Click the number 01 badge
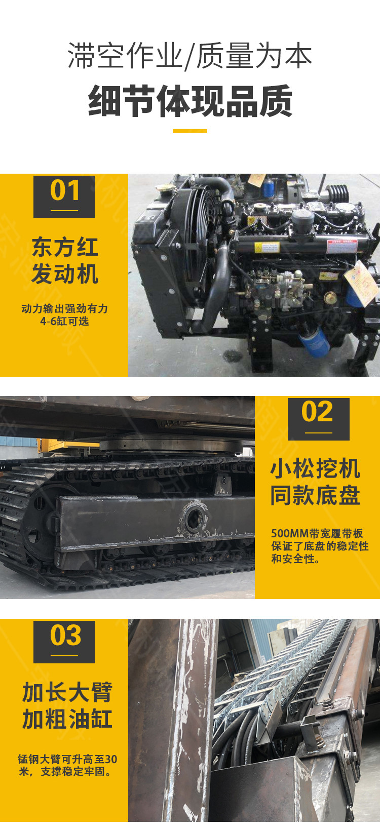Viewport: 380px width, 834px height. coord(64,196)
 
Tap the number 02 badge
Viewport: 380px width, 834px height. coord(319,419)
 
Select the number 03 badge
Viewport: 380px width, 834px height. coord(64,642)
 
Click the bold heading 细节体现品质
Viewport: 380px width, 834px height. coord(190,101)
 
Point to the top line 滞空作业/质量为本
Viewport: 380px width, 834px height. coord(190,56)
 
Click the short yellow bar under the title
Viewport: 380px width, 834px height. coord(190,131)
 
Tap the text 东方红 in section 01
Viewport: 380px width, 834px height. coord(65,247)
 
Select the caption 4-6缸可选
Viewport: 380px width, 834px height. coord(64,321)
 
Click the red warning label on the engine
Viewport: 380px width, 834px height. coord(342,246)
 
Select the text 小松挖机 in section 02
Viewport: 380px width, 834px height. coord(315,468)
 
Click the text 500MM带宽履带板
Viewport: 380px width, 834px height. coord(317,534)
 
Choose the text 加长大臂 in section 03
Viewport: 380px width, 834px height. coord(67,692)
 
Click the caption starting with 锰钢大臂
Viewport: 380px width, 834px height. coord(67,765)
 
